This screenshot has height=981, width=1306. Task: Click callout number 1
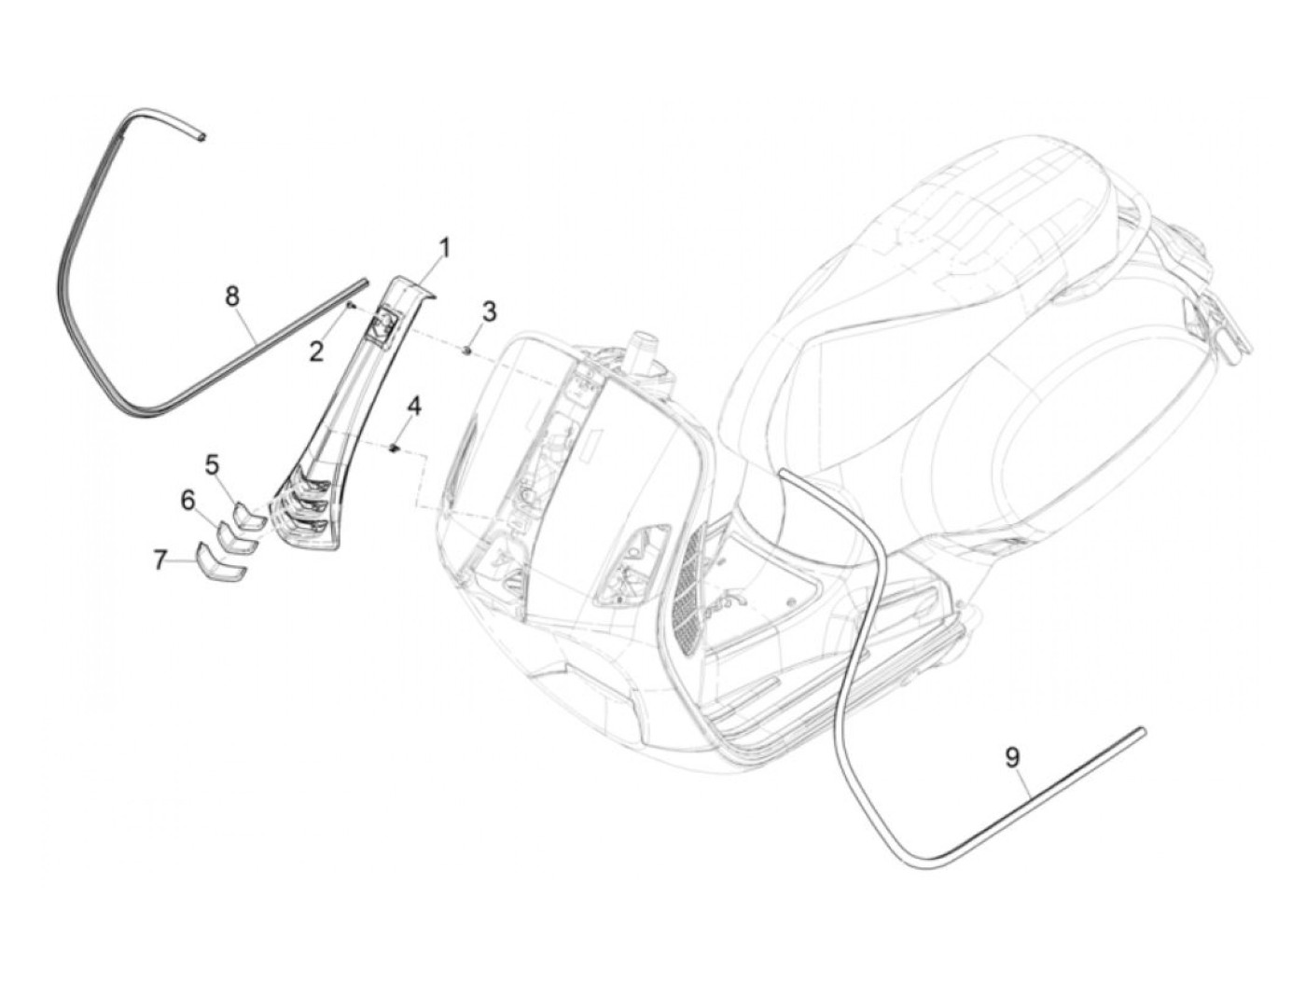coord(445,248)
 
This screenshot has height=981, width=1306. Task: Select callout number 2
coord(317,351)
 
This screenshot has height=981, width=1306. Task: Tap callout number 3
coord(489,311)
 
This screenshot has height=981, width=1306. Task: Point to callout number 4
coord(413,406)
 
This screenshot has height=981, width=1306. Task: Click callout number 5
coord(212,463)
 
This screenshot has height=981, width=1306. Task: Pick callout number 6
coord(188,502)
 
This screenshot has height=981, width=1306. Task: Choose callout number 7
coord(160,560)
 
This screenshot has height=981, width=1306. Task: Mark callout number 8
coord(232,296)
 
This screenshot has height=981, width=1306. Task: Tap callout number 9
coord(1012,758)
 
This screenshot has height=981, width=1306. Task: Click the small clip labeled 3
coord(467,350)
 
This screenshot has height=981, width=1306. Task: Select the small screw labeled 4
coord(395,449)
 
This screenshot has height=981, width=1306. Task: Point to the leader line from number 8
coord(250,329)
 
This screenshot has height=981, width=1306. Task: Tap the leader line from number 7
coord(183,561)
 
